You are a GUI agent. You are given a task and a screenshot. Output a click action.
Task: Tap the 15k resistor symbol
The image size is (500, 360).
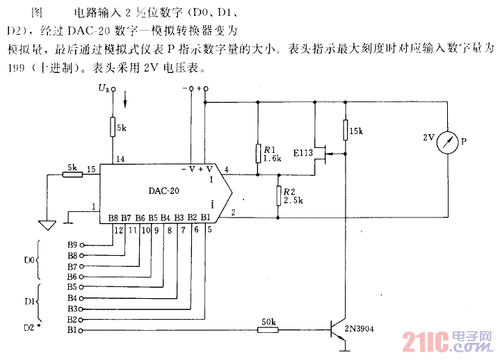(344, 130)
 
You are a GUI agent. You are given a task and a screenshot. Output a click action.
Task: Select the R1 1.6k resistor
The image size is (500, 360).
(258, 154)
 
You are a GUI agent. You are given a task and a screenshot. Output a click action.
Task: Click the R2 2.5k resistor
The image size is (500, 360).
(278, 196)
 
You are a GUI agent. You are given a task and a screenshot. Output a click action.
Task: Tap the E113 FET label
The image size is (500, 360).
(303, 152)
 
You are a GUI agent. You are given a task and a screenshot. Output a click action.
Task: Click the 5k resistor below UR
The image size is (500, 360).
(112, 128)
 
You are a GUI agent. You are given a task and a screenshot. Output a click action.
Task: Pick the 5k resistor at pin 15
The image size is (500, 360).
(72, 171)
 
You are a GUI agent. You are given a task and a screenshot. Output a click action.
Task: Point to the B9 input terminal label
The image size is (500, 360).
(72, 245)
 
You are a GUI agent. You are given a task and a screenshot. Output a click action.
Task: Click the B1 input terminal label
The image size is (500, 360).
(72, 330)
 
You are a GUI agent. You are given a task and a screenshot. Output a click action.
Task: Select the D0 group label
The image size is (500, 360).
(29, 260)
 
